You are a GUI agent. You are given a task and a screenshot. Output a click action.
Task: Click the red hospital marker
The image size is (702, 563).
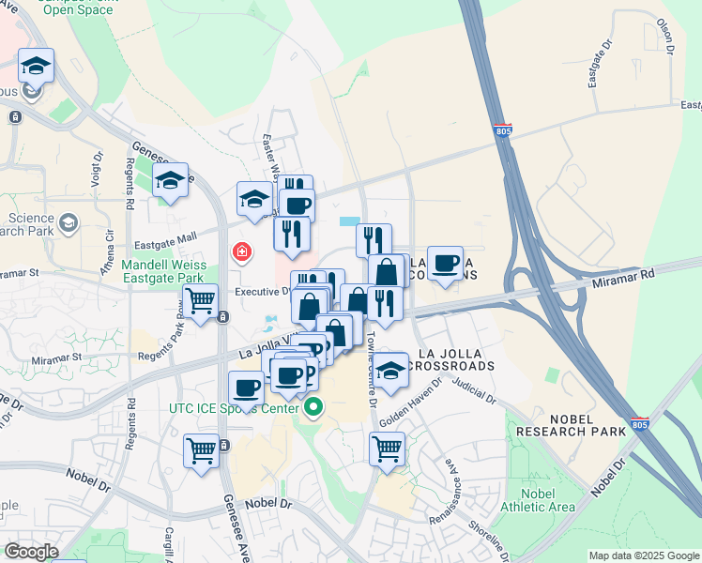pyautogui.click(x=242, y=252)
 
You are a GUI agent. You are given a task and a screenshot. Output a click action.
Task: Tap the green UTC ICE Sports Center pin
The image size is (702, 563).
pyautogui.click(x=313, y=408)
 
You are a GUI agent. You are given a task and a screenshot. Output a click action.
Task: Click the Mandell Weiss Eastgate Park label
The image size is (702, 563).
pyautogui.click(x=163, y=272)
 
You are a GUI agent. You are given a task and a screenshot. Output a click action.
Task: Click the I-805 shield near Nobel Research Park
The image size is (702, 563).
pyautogui.click(x=639, y=424)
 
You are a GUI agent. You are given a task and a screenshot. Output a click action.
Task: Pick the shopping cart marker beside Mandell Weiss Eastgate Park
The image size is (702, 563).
pyautogui.click(x=201, y=301)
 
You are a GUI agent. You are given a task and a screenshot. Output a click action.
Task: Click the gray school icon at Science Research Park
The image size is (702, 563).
pyautogui.click(x=68, y=223)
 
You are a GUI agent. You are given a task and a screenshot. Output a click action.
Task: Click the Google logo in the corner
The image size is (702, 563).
pyautogui.click(x=30, y=552)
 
